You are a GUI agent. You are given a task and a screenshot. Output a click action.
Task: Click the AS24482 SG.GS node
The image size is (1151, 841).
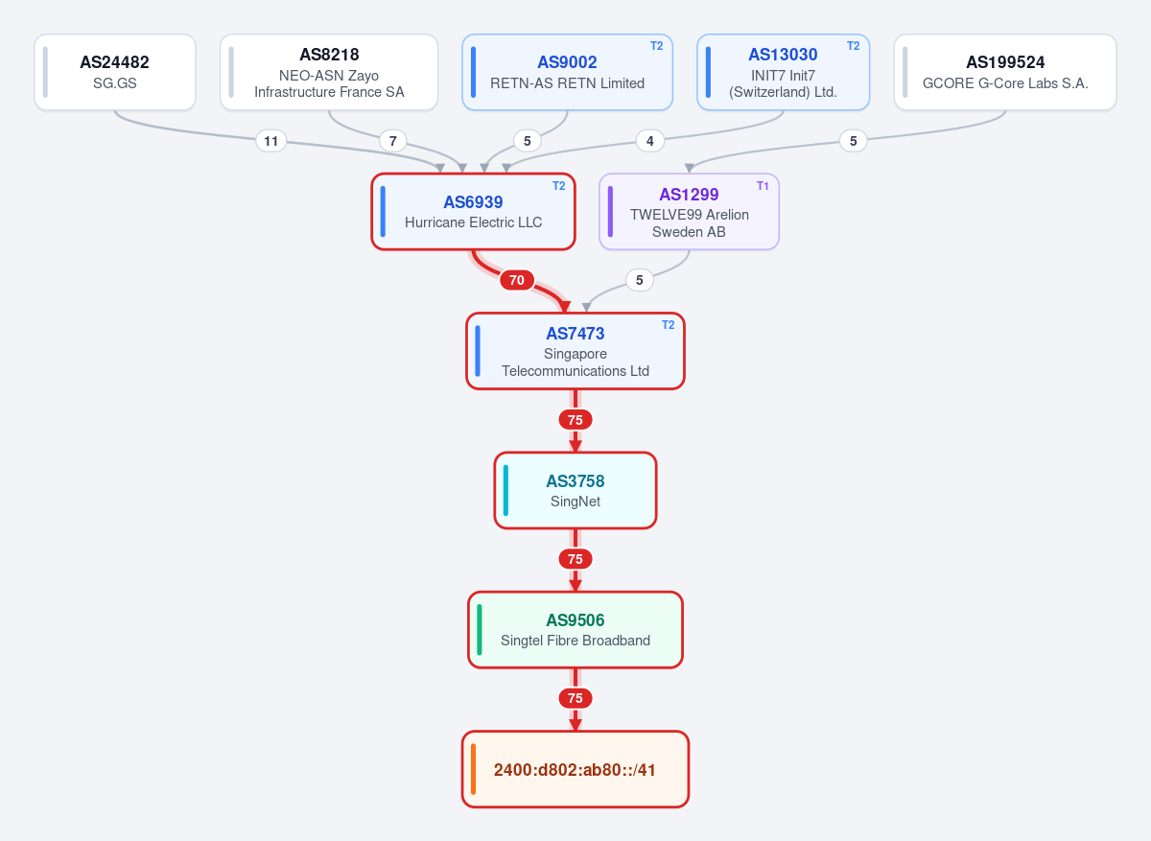point(114,72)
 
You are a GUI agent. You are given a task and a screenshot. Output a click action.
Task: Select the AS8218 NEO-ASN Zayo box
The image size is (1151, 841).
point(329,72)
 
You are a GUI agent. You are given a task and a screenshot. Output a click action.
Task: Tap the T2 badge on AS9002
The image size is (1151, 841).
point(656,46)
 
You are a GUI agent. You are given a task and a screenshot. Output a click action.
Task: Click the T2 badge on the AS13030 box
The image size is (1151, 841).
point(853,46)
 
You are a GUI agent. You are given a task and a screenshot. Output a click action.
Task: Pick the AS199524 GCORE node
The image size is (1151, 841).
point(1005,72)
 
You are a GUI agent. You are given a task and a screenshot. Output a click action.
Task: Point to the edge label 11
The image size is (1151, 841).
point(270,141)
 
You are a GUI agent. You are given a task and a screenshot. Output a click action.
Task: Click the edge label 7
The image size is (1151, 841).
point(392,141)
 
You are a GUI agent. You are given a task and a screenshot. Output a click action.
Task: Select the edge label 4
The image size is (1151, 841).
point(650,141)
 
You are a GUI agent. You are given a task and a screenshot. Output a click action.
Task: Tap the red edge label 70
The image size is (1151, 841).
point(516,280)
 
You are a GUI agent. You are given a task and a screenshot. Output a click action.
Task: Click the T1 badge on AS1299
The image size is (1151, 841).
point(763,186)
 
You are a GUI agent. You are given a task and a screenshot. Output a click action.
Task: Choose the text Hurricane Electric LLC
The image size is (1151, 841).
point(473,222)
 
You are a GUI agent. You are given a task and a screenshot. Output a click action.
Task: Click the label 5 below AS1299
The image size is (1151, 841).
point(639,280)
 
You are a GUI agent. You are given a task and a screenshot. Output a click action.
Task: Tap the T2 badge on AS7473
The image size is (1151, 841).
point(668,325)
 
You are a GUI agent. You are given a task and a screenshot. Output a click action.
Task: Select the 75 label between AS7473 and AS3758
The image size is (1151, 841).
point(575,420)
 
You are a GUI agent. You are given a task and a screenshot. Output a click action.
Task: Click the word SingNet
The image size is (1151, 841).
point(575,502)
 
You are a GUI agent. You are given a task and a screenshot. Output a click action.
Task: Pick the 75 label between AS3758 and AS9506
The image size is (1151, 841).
point(575,559)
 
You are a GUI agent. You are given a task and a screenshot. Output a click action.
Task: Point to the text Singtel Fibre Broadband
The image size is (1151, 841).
point(575,641)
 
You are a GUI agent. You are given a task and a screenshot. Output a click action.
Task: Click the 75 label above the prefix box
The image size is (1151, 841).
point(575,698)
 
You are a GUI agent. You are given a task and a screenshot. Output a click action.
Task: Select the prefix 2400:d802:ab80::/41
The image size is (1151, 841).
point(575,770)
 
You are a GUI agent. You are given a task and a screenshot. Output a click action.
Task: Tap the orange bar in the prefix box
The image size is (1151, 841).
point(473,769)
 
